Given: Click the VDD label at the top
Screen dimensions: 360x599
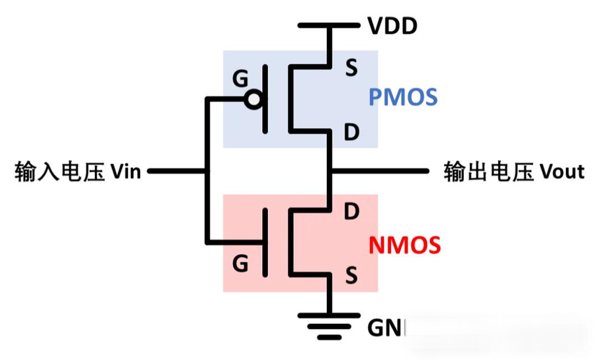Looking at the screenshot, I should point(392,27).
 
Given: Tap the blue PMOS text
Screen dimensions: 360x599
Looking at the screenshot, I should point(403,97).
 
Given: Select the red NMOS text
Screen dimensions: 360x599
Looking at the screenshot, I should point(405,245).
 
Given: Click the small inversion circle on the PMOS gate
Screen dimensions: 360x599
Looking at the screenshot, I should point(252,99).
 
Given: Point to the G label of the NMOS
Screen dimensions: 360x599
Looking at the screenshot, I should point(240,264).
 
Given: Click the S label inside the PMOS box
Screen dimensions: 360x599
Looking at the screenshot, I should point(351,69).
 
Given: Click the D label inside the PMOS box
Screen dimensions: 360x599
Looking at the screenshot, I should point(351,132).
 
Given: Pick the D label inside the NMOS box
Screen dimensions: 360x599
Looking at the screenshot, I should point(351,212).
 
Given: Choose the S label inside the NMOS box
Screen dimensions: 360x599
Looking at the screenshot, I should point(351,274).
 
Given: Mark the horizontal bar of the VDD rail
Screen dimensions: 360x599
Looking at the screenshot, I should point(329,27).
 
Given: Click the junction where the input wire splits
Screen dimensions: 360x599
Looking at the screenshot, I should point(207,172).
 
